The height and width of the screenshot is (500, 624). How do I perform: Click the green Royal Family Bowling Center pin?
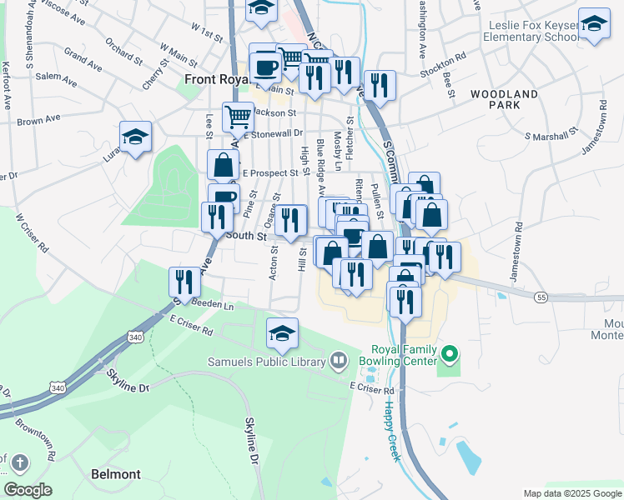pos(450,356)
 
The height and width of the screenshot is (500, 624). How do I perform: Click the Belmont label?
pos(116,474)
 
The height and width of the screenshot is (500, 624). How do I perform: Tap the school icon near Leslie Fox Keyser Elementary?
pos(594,24)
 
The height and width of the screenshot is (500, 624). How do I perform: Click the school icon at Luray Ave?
pos(135,137)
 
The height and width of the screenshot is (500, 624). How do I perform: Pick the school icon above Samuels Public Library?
pos(283,333)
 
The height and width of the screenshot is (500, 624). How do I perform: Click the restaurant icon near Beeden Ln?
pos(184,282)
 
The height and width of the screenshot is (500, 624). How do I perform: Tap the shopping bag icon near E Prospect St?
pos(223,164)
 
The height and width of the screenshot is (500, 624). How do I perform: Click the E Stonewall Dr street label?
pos(272,132)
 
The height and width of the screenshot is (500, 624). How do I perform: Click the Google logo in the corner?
pos(28,490)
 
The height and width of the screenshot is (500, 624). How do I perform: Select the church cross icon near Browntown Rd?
pos(20,462)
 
